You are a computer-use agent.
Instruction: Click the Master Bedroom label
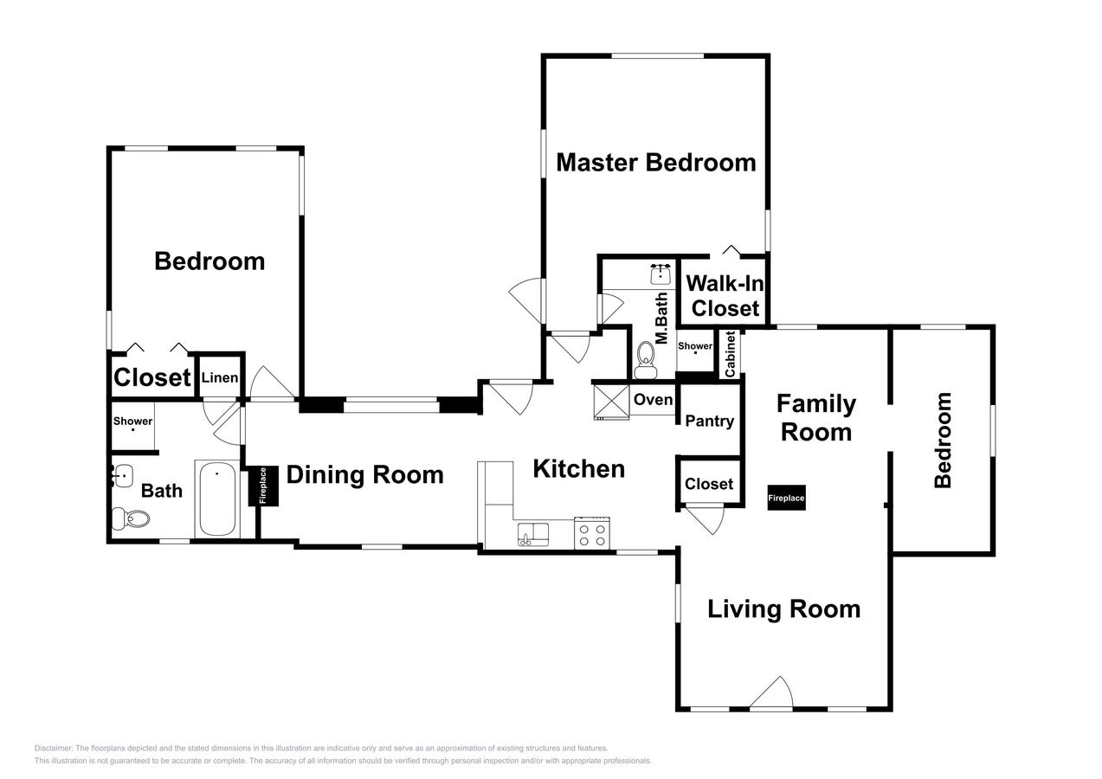(656, 163)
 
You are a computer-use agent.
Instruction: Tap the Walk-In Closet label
(725, 296)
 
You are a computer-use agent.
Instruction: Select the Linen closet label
(219, 377)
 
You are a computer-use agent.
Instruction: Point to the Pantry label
(709, 421)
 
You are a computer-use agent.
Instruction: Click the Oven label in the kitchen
(653, 399)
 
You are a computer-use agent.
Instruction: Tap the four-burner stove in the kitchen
(592, 533)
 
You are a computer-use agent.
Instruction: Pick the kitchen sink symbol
(533, 534)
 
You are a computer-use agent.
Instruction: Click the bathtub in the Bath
(217, 499)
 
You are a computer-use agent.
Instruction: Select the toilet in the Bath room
(131, 518)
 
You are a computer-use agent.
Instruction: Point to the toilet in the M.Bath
(646, 360)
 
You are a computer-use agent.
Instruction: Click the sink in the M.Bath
(661, 274)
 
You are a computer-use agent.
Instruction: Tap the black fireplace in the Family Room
(786, 498)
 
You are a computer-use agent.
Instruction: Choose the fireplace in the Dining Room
(262, 486)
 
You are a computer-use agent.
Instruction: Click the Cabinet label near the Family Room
(730, 354)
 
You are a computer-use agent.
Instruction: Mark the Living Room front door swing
(772, 694)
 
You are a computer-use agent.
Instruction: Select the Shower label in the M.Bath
(695, 345)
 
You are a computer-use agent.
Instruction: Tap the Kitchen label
(579, 468)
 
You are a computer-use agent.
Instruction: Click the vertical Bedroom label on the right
(943, 441)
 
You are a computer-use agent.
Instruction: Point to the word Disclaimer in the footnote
(53, 748)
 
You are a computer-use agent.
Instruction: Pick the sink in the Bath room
(122, 475)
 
